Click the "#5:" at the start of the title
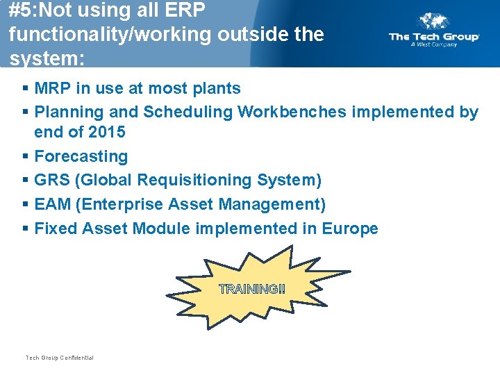(x=24, y=11)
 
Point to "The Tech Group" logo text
(x=434, y=37)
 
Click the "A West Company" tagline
(x=433, y=45)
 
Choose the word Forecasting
(x=81, y=156)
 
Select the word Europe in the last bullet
(x=350, y=228)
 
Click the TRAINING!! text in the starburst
(x=251, y=289)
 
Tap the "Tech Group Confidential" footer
(x=59, y=358)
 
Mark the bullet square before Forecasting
(x=25, y=156)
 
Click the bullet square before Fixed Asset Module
(x=25, y=228)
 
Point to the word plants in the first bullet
(x=218, y=89)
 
